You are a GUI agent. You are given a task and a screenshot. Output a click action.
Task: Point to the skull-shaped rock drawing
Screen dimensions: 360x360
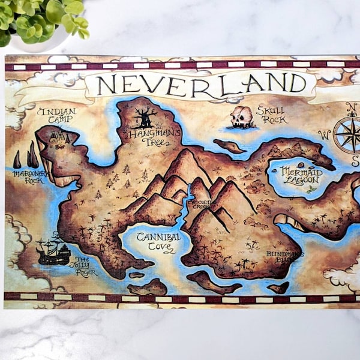(x=242, y=118)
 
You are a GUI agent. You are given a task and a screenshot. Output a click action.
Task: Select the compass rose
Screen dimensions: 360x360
(x=347, y=134)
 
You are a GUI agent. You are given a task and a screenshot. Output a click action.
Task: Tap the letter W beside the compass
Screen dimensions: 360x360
(x=325, y=134)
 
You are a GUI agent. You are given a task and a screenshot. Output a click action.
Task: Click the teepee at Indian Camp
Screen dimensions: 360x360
(x=59, y=137)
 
